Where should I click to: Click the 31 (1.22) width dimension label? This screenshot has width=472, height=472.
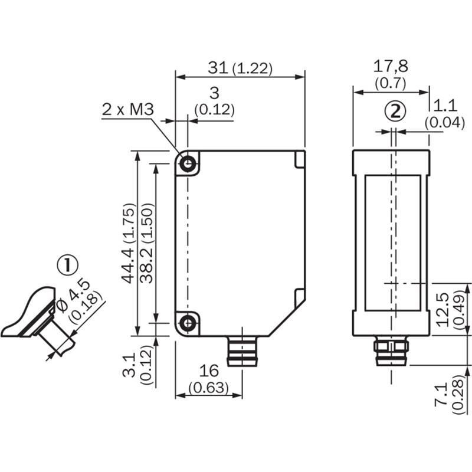[240, 68]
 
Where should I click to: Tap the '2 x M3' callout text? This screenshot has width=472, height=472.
[127, 109]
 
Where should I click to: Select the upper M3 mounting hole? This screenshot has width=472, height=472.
[188, 164]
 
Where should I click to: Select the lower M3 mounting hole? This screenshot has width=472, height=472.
[188, 323]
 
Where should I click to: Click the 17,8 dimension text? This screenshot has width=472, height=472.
[391, 65]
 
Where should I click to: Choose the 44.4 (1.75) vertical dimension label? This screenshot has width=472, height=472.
[129, 243]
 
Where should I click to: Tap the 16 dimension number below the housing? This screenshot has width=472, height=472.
[208, 371]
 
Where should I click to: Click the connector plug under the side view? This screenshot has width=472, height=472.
[391, 350]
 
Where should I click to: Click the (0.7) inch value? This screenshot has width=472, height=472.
[391, 83]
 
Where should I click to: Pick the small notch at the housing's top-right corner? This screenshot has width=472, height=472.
[300, 158]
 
